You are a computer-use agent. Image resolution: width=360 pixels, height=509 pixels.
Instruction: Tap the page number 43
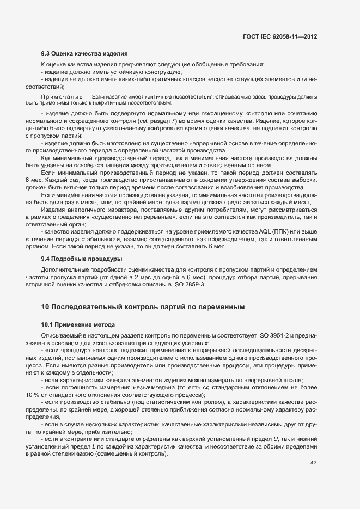pyautogui.click(x=313, y=462)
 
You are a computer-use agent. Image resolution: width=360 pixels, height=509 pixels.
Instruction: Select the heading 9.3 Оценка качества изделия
pyautogui.click(x=84, y=53)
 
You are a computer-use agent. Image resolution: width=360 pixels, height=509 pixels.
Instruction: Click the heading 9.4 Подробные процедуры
pyautogui.click(x=82, y=258)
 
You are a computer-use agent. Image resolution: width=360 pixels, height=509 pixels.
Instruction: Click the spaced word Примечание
pyautogui.click(x=62, y=96)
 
